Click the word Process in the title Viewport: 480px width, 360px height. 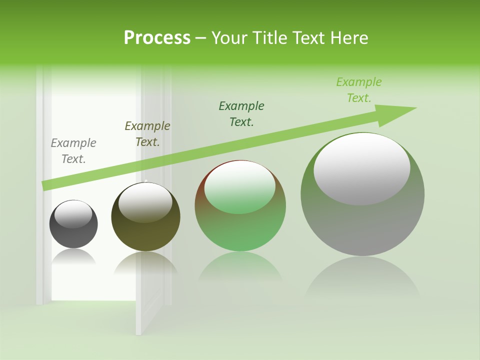[x=157, y=38]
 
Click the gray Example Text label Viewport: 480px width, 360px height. [x=73, y=151]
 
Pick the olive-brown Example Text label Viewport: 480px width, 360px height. [x=147, y=134]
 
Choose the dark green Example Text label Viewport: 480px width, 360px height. [x=241, y=113]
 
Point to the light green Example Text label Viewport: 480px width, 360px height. [x=359, y=90]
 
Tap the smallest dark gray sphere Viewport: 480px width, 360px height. [x=73, y=232]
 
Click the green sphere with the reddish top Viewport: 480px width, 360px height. [x=240, y=230]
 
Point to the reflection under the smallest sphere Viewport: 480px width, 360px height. [x=73, y=257]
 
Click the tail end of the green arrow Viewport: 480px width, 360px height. [x=46, y=185]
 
